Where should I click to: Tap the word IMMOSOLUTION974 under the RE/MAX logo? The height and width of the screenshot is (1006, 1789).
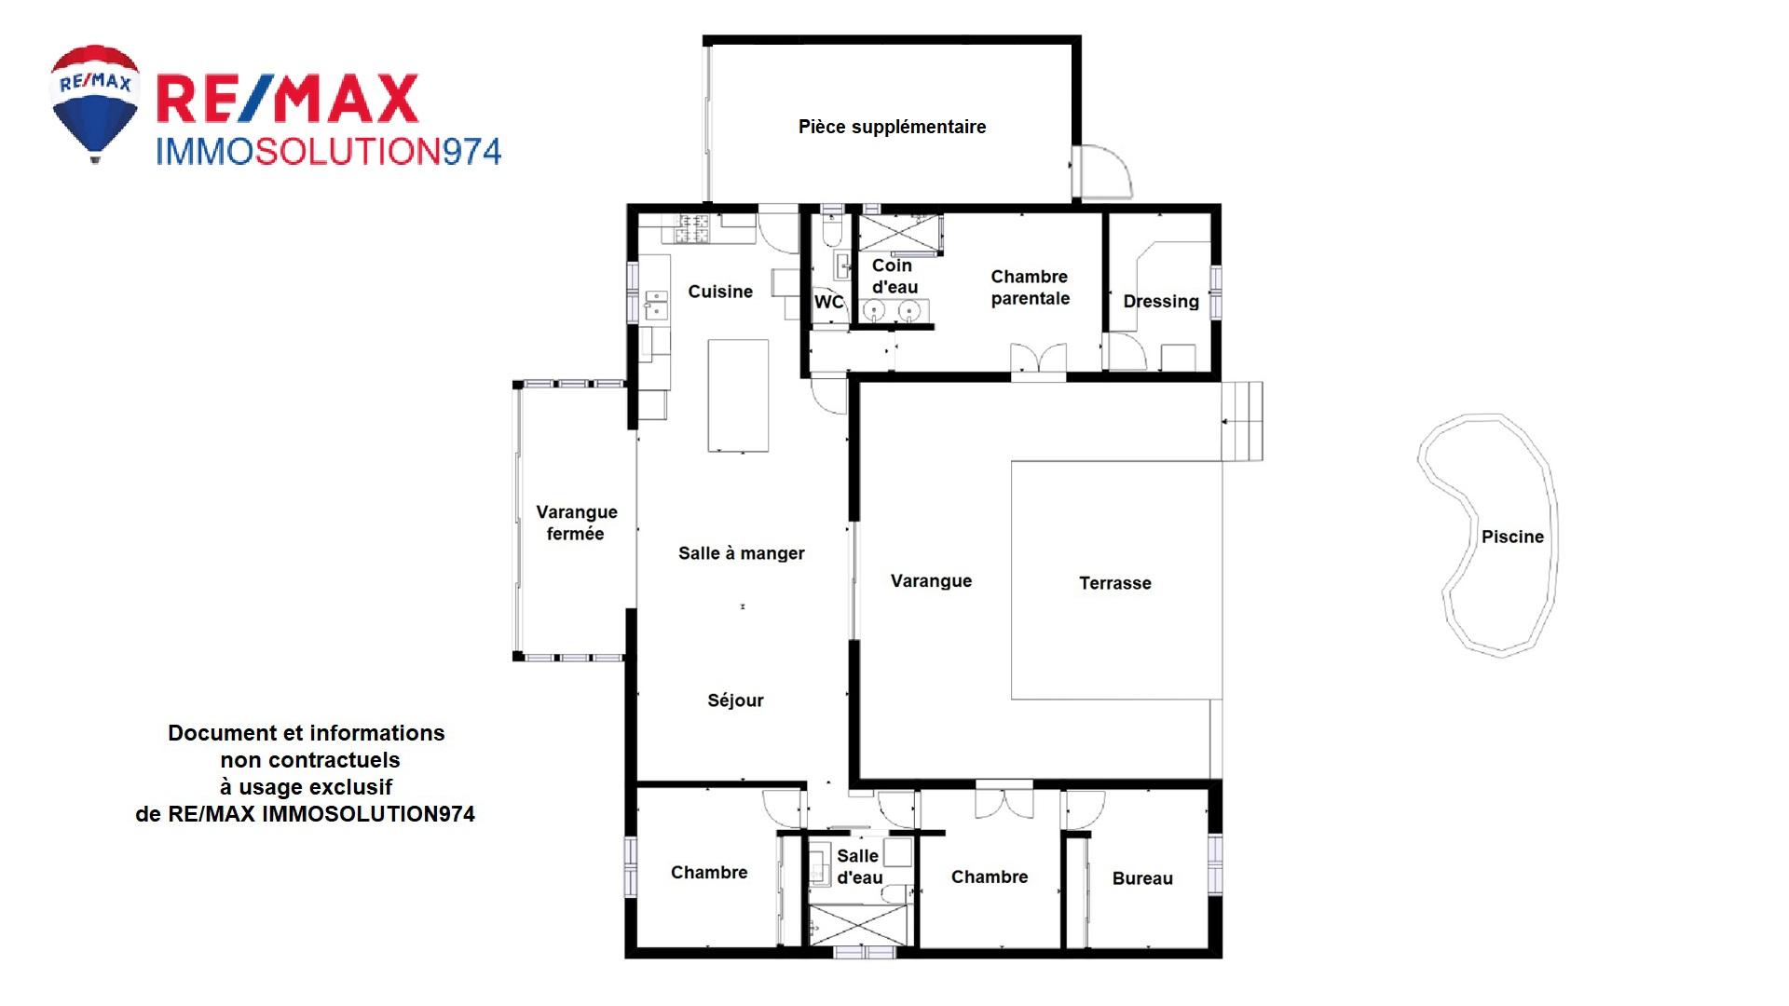[328, 152]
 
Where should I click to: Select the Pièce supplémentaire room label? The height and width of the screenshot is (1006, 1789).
[892, 127]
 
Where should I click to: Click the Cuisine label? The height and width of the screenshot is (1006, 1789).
[720, 292]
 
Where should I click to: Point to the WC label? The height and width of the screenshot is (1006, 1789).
[828, 302]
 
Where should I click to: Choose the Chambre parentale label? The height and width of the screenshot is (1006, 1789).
[1030, 287]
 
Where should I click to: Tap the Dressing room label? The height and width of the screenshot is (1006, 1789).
[1161, 301]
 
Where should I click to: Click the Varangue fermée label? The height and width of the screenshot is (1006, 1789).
[576, 523]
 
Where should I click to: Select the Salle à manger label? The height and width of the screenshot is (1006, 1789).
[742, 553]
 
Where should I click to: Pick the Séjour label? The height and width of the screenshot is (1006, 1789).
[735, 700]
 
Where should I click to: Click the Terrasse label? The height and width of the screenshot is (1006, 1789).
[1115, 583]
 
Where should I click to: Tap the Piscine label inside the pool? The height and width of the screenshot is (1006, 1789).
[1512, 537]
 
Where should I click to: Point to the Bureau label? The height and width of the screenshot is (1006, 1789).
[1142, 878]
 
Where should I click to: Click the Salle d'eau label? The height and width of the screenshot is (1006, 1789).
[859, 867]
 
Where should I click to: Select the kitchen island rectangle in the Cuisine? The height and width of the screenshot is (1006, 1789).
[739, 396]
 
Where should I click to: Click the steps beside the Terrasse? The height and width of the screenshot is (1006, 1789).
[1242, 421]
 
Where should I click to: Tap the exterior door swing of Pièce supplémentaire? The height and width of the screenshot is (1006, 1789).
[1102, 172]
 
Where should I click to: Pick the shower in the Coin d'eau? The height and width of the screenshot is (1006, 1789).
[900, 233]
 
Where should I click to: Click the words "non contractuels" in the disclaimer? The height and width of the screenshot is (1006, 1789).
[310, 760]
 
